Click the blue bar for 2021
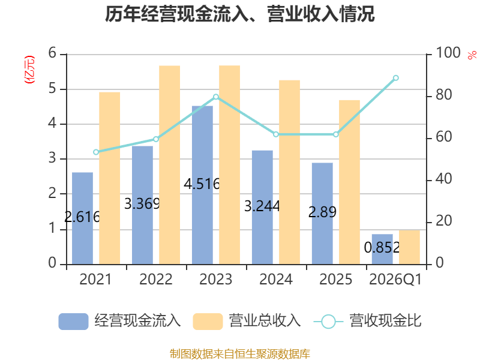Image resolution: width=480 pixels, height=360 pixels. [x=82, y=218]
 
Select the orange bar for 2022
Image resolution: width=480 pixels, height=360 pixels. [x=170, y=165]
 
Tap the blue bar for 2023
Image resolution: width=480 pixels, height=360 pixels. [x=202, y=185]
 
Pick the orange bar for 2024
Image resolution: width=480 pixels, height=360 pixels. [x=290, y=172]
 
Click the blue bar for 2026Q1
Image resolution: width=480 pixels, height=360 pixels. [x=382, y=249]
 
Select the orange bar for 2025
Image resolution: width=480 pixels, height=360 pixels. [x=350, y=182]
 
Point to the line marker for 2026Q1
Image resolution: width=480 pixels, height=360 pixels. [x=396, y=78]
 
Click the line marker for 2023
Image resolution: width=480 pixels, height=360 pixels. [x=216, y=97]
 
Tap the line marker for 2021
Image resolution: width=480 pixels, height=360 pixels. [x=96, y=152]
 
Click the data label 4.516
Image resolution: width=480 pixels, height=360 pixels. [x=202, y=184]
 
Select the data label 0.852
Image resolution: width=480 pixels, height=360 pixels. [x=382, y=247]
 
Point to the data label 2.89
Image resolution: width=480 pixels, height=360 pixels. [x=322, y=212]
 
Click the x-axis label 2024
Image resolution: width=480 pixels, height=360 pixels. [x=276, y=279]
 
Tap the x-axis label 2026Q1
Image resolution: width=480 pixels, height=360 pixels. [x=396, y=279]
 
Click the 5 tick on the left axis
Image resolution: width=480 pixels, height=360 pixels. [x=52, y=89]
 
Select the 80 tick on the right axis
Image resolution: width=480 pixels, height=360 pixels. [x=443, y=95]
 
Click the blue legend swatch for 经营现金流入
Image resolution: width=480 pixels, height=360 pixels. [x=73, y=322]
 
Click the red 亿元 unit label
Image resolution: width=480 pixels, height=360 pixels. [x=29, y=70]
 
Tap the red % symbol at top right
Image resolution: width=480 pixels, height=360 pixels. [x=472, y=55]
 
